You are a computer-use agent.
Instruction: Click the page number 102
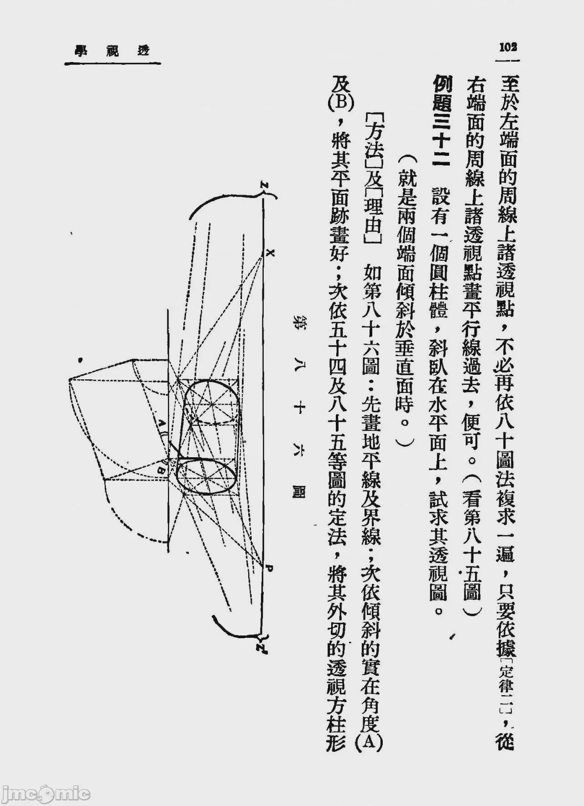coord(508,47)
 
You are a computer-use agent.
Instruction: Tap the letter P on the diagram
coord(269,568)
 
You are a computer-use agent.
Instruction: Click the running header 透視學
coord(112,51)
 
